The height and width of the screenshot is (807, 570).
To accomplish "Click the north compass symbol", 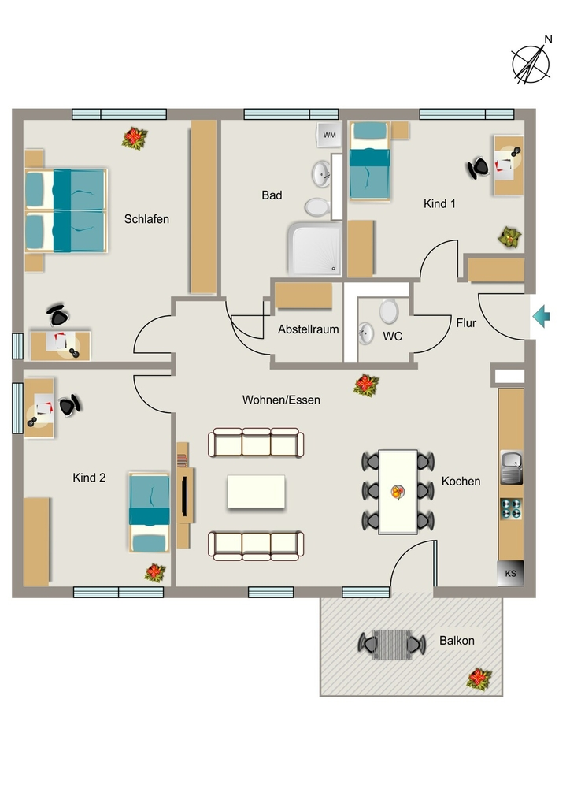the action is (531, 63).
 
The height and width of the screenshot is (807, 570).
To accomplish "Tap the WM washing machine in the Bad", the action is (329, 135).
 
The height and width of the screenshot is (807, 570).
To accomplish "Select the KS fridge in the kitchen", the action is (510, 573).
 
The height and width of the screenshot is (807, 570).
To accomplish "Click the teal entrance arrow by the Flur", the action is (541, 316).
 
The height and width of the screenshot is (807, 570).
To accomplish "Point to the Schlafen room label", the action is (146, 219).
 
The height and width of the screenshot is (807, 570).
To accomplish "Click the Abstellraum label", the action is (309, 329).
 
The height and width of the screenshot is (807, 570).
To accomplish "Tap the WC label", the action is (392, 337).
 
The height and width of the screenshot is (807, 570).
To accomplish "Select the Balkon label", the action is (457, 641).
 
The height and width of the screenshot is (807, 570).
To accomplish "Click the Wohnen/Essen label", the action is (281, 400).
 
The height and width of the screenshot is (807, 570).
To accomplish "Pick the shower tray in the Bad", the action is (315, 249).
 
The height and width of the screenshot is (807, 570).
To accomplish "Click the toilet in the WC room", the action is (389, 311).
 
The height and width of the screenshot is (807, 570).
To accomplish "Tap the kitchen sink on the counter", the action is (511, 467).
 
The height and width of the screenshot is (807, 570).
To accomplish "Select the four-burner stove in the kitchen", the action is (511, 508).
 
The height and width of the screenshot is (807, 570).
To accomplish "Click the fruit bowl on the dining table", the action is (398, 492).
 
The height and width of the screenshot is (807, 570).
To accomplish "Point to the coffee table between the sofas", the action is (256, 492).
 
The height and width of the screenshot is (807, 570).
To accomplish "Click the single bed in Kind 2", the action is (149, 512).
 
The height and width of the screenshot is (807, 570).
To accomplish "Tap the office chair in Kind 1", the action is (478, 167).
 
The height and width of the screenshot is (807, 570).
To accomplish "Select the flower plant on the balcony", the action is (479, 679).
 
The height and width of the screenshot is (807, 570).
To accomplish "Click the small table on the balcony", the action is (391, 645).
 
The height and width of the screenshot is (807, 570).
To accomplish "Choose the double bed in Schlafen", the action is (66, 210).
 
